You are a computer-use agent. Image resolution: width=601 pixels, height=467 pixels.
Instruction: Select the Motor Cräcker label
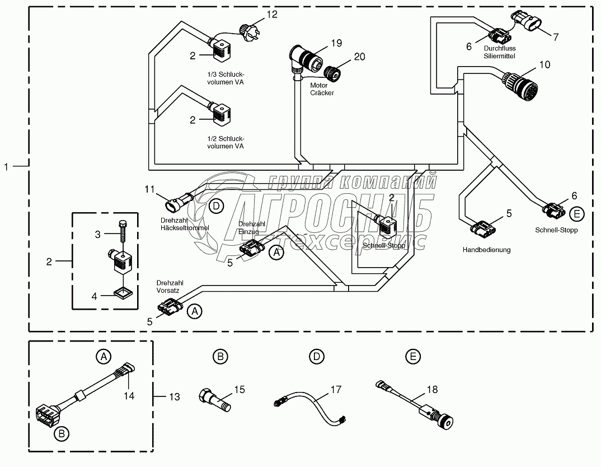(322, 89)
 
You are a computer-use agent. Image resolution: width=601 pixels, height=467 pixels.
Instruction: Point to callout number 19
(336, 42)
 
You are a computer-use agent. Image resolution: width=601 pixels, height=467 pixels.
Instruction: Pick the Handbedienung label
(486, 250)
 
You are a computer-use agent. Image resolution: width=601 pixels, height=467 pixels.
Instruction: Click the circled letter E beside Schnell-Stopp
(577, 214)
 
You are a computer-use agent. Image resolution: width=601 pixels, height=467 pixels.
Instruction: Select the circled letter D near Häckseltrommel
(217, 206)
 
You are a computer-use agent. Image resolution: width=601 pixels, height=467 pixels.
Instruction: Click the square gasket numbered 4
(122, 292)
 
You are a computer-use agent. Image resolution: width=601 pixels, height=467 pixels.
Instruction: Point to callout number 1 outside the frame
(7, 166)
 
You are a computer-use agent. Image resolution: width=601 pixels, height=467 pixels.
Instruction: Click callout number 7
(556, 37)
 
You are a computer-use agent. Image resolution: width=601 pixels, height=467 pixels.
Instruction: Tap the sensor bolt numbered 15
(213, 400)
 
